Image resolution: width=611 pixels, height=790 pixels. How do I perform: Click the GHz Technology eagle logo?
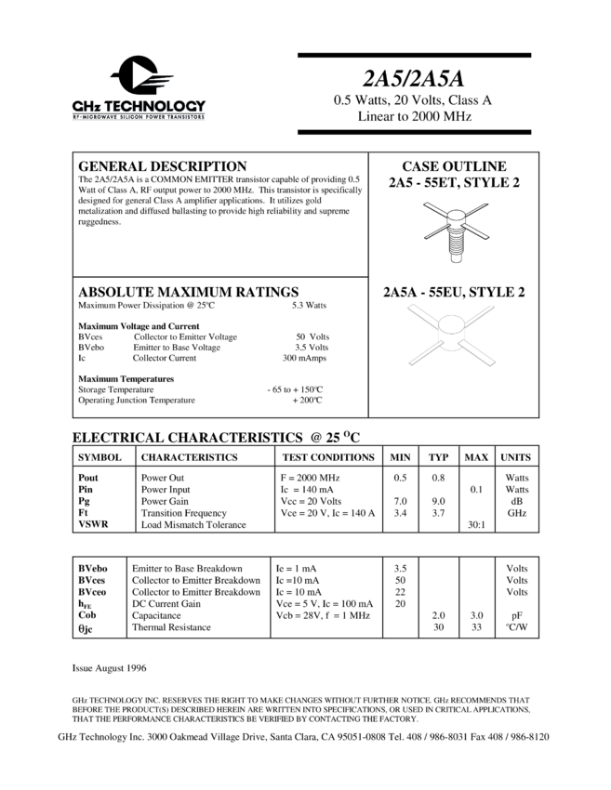pos(140,76)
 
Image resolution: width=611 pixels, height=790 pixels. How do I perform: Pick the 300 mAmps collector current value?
pos(304,358)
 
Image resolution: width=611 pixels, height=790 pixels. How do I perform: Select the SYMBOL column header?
pos(100,457)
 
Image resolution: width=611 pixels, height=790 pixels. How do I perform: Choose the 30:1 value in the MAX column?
pos(475,525)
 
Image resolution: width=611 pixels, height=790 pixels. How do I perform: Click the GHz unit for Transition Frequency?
pos(516,513)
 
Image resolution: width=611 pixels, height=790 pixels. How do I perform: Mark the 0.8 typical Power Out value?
pos(438,478)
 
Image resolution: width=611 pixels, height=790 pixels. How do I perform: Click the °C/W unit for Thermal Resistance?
pos(516,627)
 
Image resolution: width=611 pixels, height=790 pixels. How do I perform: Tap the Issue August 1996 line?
pos(109,668)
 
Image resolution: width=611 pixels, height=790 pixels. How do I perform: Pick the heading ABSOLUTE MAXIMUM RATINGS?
pos(188,291)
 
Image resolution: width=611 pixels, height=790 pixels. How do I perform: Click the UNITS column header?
pos(516,457)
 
